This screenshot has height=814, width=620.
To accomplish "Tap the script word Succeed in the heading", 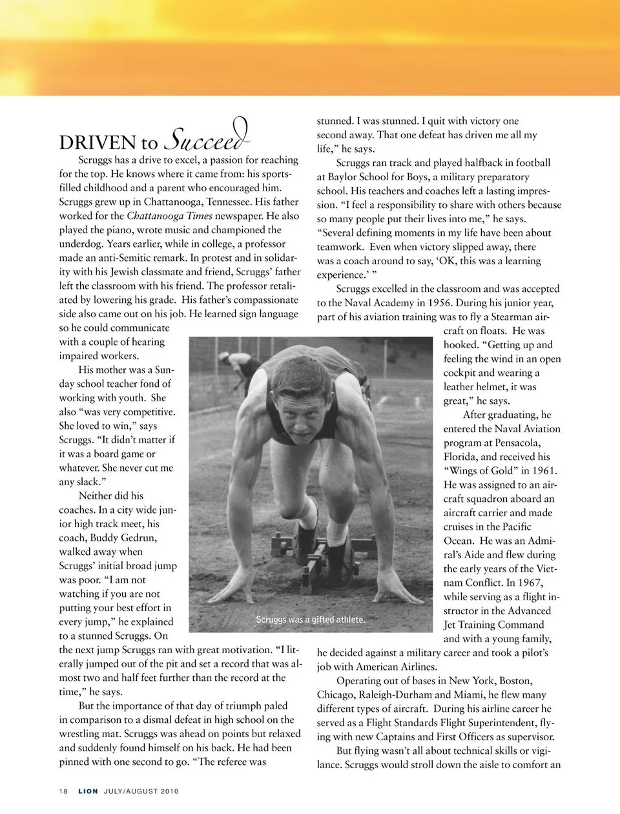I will click(x=208, y=137).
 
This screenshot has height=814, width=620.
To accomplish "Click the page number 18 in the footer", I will click(x=63, y=791).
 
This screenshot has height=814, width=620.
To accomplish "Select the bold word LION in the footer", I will click(x=88, y=791).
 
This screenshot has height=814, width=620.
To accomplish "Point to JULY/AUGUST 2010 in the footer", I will click(x=141, y=791).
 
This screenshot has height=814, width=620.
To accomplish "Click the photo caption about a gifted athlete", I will click(x=310, y=620).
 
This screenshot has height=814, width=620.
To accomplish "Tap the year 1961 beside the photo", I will click(x=544, y=471).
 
